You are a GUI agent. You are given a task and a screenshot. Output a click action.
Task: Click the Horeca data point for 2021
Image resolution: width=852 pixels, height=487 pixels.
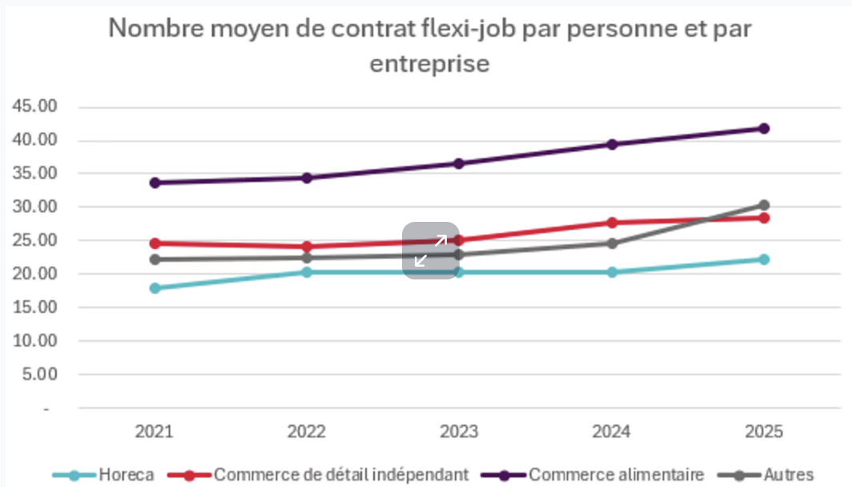(x=154, y=288)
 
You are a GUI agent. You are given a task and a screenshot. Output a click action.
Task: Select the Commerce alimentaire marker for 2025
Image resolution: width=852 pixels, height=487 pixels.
(x=764, y=129)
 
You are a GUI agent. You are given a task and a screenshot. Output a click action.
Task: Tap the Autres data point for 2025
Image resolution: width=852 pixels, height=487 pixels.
(x=764, y=205)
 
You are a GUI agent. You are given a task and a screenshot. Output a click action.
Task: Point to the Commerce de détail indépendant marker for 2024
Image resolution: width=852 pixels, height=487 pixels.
(x=611, y=223)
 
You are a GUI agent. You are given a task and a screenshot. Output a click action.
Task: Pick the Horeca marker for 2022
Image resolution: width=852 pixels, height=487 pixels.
(x=306, y=272)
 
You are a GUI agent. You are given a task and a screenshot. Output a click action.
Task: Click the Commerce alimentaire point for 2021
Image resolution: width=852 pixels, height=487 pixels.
(x=154, y=183)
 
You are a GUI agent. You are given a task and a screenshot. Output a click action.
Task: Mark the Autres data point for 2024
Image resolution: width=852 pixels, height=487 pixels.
(x=611, y=243)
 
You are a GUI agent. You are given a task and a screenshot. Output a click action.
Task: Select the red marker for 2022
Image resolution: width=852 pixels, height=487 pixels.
(x=306, y=247)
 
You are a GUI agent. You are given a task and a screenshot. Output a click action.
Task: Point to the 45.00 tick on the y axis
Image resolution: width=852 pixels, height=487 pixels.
(x=35, y=107)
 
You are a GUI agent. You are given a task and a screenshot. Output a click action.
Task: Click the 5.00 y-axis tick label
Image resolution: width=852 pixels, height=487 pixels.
(x=38, y=374)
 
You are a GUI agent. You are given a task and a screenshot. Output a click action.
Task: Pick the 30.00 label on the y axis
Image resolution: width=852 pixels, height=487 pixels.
(x=35, y=207)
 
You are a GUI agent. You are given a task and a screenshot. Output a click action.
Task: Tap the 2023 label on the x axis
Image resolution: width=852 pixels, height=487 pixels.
(x=459, y=432)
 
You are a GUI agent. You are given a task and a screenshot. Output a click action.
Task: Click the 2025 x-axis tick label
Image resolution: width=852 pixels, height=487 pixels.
(x=764, y=432)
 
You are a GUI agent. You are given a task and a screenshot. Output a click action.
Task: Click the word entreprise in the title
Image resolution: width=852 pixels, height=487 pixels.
(x=429, y=63)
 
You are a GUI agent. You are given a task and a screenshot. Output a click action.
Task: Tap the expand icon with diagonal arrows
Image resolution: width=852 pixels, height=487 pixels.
(x=431, y=251)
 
